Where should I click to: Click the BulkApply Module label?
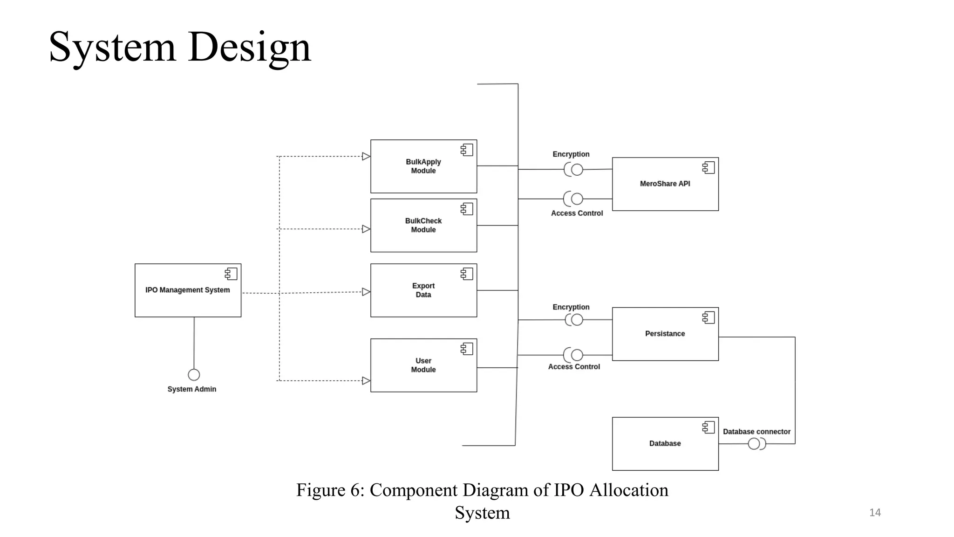coord(423,166)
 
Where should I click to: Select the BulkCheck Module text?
coord(423,225)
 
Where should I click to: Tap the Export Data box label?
coord(423,290)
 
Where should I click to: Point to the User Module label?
coord(423,365)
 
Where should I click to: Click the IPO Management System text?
coord(187,290)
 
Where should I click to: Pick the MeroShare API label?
coord(665,184)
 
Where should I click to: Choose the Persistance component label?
coord(665,334)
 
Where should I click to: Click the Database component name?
coord(665,443)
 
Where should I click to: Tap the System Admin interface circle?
coord(194,375)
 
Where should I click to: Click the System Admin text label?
coord(191,389)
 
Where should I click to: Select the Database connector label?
coord(756,432)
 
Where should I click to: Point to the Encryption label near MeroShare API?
coord(571,154)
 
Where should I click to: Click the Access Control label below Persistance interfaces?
coord(574,367)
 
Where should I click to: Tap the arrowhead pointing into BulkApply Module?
coord(366,157)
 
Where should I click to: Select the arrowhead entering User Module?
coord(366,381)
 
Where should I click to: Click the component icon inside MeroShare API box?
coord(709,168)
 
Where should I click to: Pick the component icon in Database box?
coord(709,427)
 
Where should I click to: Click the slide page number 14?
coord(875,513)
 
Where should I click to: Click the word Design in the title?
coord(249,47)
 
